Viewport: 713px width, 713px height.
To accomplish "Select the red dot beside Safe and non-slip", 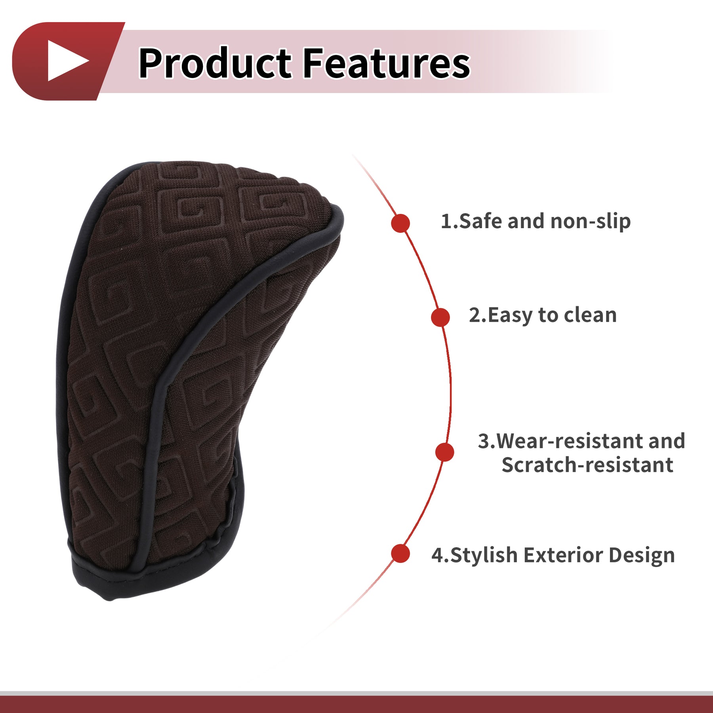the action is tap(400, 223).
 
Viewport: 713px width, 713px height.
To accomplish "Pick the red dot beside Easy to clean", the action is tap(440, 317).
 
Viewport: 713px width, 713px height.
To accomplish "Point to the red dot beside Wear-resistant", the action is tap(444, 452).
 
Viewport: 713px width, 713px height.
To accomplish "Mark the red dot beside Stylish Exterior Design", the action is tap(400, 553).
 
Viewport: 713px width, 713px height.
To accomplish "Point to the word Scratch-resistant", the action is tap(587, 465).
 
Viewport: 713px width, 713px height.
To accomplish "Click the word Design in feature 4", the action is tap(642, 555).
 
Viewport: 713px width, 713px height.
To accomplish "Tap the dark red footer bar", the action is tap(356, 704).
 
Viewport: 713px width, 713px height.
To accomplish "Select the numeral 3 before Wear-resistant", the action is tap(484, 441).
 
